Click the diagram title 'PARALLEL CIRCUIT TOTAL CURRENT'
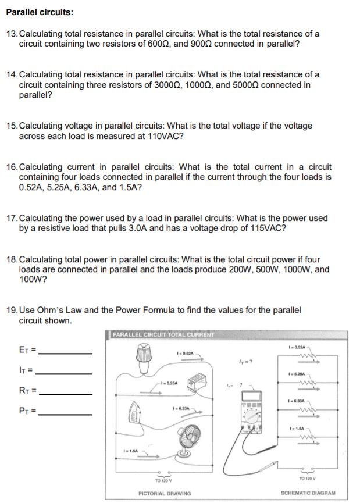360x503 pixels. coord(163,334)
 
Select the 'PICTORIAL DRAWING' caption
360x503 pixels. coord(165,493)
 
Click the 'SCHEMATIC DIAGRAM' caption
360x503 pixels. coord(308,493)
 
